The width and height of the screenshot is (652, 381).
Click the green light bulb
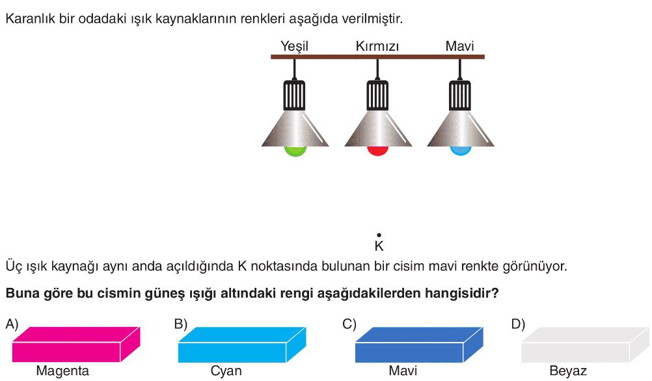[x=295, y=151]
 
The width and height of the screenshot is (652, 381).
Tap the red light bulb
[x=377, y=150]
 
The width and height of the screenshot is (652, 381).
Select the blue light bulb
[x=460, y=150]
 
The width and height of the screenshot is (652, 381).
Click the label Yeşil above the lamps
[x=294, y=46]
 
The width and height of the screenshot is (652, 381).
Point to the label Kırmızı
[x=377, y=46]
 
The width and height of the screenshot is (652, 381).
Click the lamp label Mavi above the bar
[x=459, y=46]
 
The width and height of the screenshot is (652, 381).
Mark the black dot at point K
[x=379, y=235]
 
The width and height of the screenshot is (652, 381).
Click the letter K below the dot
[x=379, y=246]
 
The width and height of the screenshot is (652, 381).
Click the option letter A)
[x=12, y=324]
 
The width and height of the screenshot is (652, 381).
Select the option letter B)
[x=181, y=324]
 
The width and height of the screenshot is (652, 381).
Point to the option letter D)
[x=518, y=324]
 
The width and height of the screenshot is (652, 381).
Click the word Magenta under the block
[x=62, y=371]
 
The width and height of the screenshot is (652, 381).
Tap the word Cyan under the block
[x=226, y=371]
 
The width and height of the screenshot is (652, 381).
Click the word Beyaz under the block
[x=568, y=371]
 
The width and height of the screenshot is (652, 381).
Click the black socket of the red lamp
[x=377, y=95]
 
